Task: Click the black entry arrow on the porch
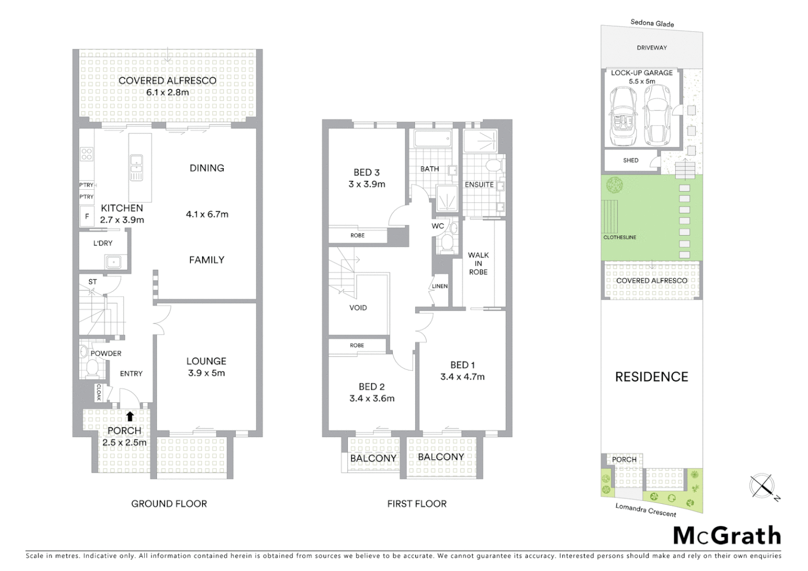click(130, 416)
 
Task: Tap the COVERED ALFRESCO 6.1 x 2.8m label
click(167, 86)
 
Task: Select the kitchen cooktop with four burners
click(86, 154)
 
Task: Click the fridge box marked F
click(87, 217)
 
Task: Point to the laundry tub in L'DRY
click(113, 262)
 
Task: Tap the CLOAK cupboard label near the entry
click(99, 392)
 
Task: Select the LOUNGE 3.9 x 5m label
click(206, 367)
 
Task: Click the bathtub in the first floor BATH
click(433, 140)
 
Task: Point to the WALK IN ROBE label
click(478, 263)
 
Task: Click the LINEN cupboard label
click(440, 286)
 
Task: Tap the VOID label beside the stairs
click(358, 308)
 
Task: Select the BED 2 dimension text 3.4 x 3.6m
click(372, 399)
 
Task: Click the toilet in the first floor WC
click(447, 244)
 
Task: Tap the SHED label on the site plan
click(630, 160)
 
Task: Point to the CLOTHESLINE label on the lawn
click(620, 237)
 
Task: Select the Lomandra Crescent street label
click(645, 510)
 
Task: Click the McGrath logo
click(727, 536)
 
